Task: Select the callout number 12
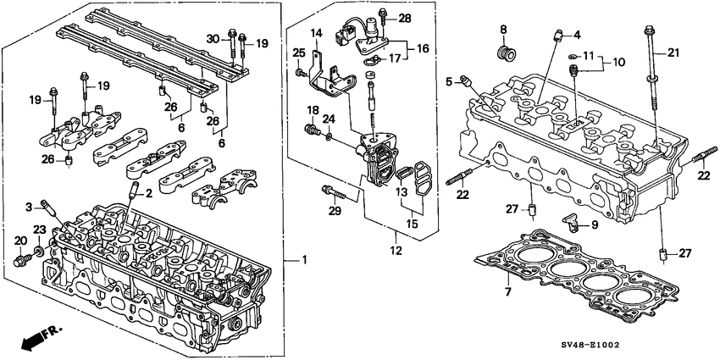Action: point(395,252)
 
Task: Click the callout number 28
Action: point(404,18)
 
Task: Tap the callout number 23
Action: point(39,230)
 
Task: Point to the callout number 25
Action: point(298,53)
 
